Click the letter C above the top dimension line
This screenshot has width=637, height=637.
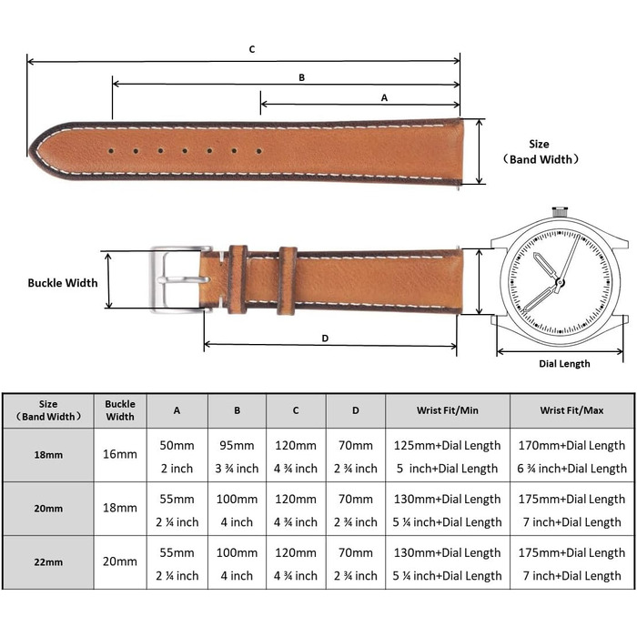[x=252, y=49]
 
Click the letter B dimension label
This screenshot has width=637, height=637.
[x=301, y=77]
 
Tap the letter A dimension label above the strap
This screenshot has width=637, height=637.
[x=384, y=98]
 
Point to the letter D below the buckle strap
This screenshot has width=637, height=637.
[x=325, y=339]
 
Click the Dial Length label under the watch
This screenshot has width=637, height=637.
[x=564, y=364]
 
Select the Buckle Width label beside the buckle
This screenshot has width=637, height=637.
[x=63, y=283]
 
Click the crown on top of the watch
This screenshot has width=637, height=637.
[x=560, y=212]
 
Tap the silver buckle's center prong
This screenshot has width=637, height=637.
[x=184, y=279]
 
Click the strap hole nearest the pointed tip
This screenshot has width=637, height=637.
[x=111, y=151]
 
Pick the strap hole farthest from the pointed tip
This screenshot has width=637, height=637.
[x=258, y=151]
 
